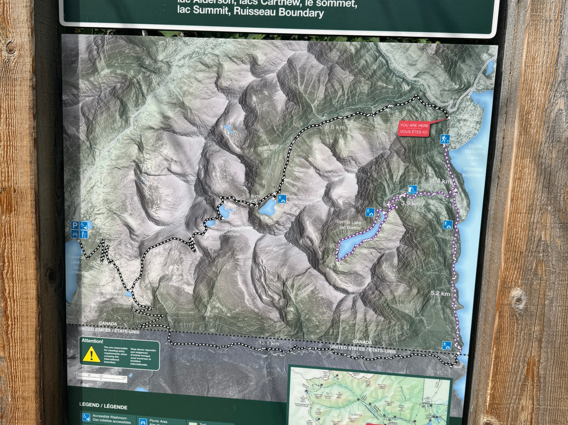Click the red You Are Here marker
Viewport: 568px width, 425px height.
413,128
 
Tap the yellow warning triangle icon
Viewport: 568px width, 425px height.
92,355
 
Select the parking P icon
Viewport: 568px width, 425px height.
75,225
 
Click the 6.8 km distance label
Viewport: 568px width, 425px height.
336,127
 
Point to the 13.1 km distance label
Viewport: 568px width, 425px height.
268,343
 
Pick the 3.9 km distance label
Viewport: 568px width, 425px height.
411,203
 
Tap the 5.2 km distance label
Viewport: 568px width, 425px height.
440,294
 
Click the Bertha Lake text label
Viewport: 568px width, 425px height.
349,225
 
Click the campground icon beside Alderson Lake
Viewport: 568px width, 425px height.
281,199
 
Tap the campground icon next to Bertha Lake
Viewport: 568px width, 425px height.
370,212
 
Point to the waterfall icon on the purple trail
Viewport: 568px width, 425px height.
412,189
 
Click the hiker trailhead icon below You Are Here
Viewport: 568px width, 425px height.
445,139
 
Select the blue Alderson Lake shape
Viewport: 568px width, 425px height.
267,207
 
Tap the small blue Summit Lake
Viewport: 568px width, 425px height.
128,295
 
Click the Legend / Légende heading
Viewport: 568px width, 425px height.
103,406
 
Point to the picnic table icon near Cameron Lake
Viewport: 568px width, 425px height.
75,234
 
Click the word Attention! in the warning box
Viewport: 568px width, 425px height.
93,341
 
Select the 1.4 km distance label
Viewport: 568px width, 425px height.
441,181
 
